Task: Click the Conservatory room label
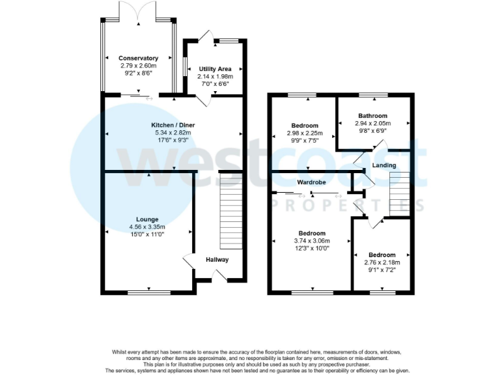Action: point(138,59)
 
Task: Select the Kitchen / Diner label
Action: point(173,125)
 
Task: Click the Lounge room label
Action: point(147,219)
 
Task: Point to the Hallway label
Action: point(217,260)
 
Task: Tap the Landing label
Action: point(383,165)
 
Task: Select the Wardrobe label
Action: point(311,182)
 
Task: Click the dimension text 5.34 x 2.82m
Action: point(173,132)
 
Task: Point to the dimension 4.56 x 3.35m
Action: point(147,227)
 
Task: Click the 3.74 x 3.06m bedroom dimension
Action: point(312,240)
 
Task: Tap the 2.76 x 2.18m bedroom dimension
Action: point(382,262)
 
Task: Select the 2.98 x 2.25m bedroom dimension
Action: point(305,133)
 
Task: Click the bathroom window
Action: point(372,96)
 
